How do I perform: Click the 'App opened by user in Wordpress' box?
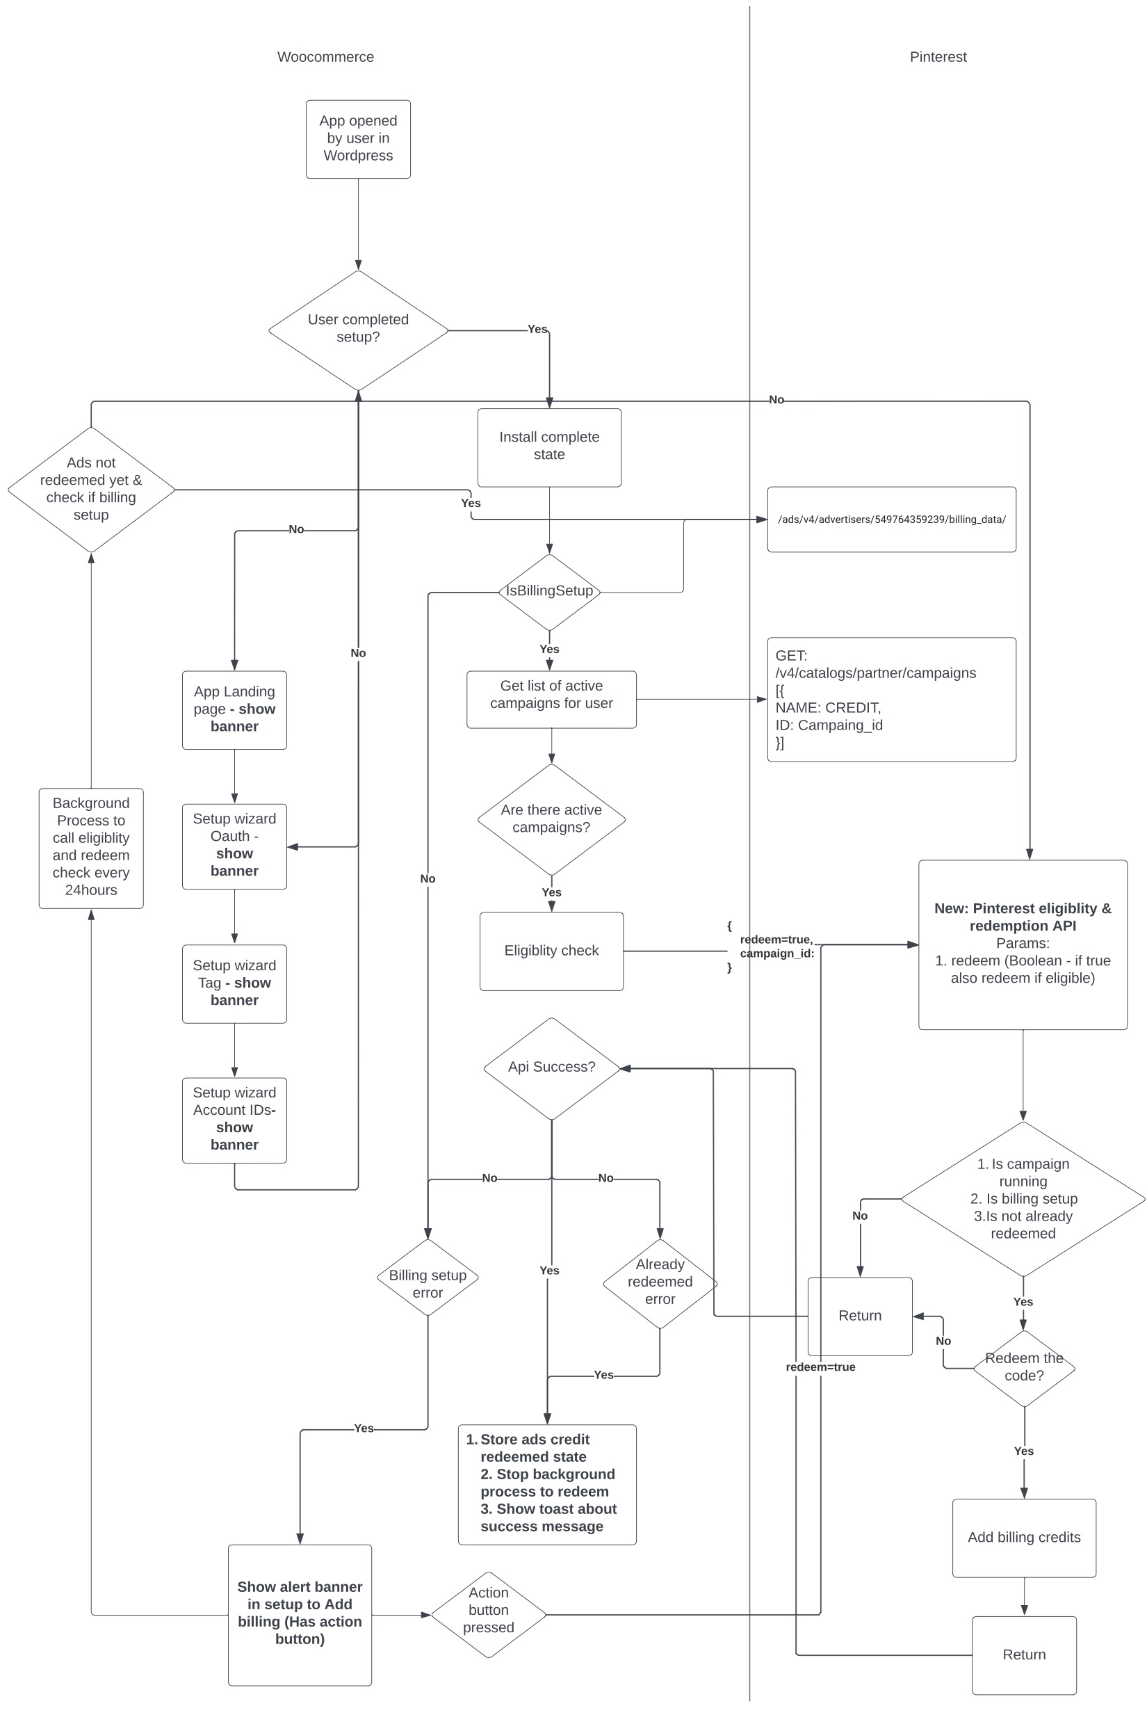tap(358, 139)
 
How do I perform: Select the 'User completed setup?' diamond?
tap(358, 330)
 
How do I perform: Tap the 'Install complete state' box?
tap(548, 447)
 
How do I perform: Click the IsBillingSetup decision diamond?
tap(548, 592)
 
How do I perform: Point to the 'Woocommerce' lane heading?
tap(325, 57)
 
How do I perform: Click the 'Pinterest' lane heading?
tap(937, 57)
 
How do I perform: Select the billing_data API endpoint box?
tap(891, 520)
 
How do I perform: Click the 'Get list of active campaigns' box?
tap(551, 699)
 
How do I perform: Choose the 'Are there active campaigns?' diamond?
tap(551, 819)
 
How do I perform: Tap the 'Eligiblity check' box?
tap(551, 951)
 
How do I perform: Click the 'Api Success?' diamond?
tap(551, 1068)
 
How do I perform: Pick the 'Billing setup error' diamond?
tap(428, 1277)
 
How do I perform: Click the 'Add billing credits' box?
tap(1023, 1537)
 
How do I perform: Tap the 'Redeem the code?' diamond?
tap(1023, 1367)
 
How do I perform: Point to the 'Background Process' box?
tap(90, 848)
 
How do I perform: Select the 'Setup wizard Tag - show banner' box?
tap(234, 983)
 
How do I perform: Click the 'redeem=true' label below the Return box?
tap(820, 1367)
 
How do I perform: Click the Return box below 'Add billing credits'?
tap(1023, 1655)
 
